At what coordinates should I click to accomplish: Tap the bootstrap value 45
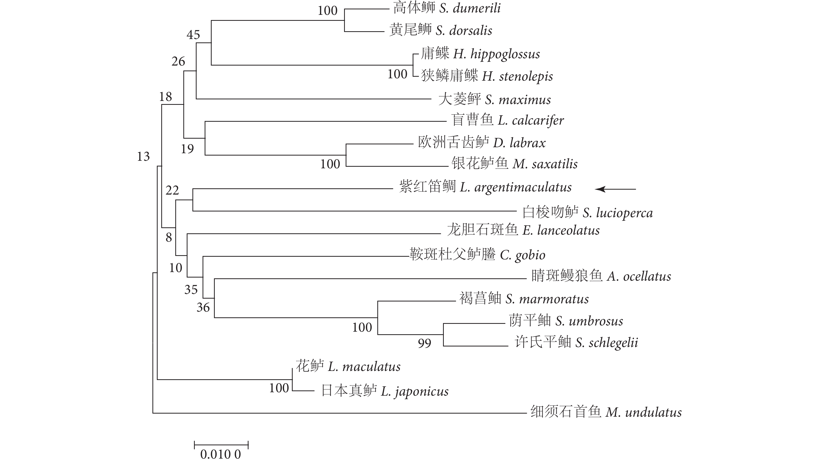point(193,35)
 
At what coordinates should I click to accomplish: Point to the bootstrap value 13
point(143,156)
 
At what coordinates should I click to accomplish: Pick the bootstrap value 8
point(169,237)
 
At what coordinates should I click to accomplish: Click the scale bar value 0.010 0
point(220,454)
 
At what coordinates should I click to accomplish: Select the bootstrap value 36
point(203,307)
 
